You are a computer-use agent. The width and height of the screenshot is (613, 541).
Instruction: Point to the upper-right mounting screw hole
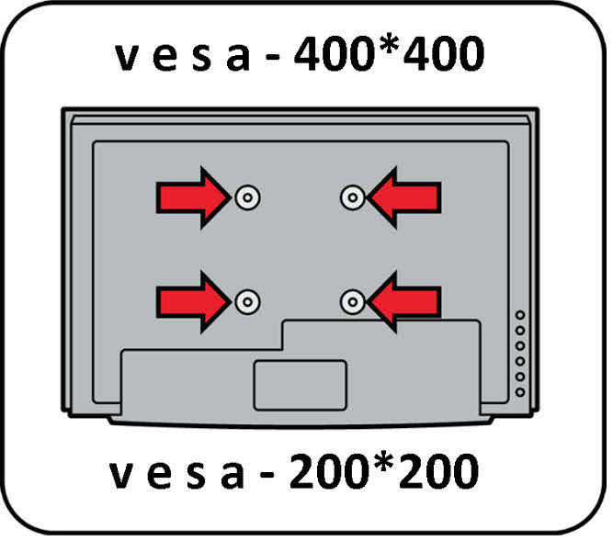tap(352, 197)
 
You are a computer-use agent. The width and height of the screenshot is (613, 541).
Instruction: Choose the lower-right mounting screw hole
tap(352, 300)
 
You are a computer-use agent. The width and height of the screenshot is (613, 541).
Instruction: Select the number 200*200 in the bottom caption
tap(385, 473)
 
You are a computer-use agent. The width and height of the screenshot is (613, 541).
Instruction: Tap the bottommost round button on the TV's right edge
tap(520, 392)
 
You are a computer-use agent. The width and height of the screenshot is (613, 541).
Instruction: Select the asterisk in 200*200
tap(385, 466)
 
